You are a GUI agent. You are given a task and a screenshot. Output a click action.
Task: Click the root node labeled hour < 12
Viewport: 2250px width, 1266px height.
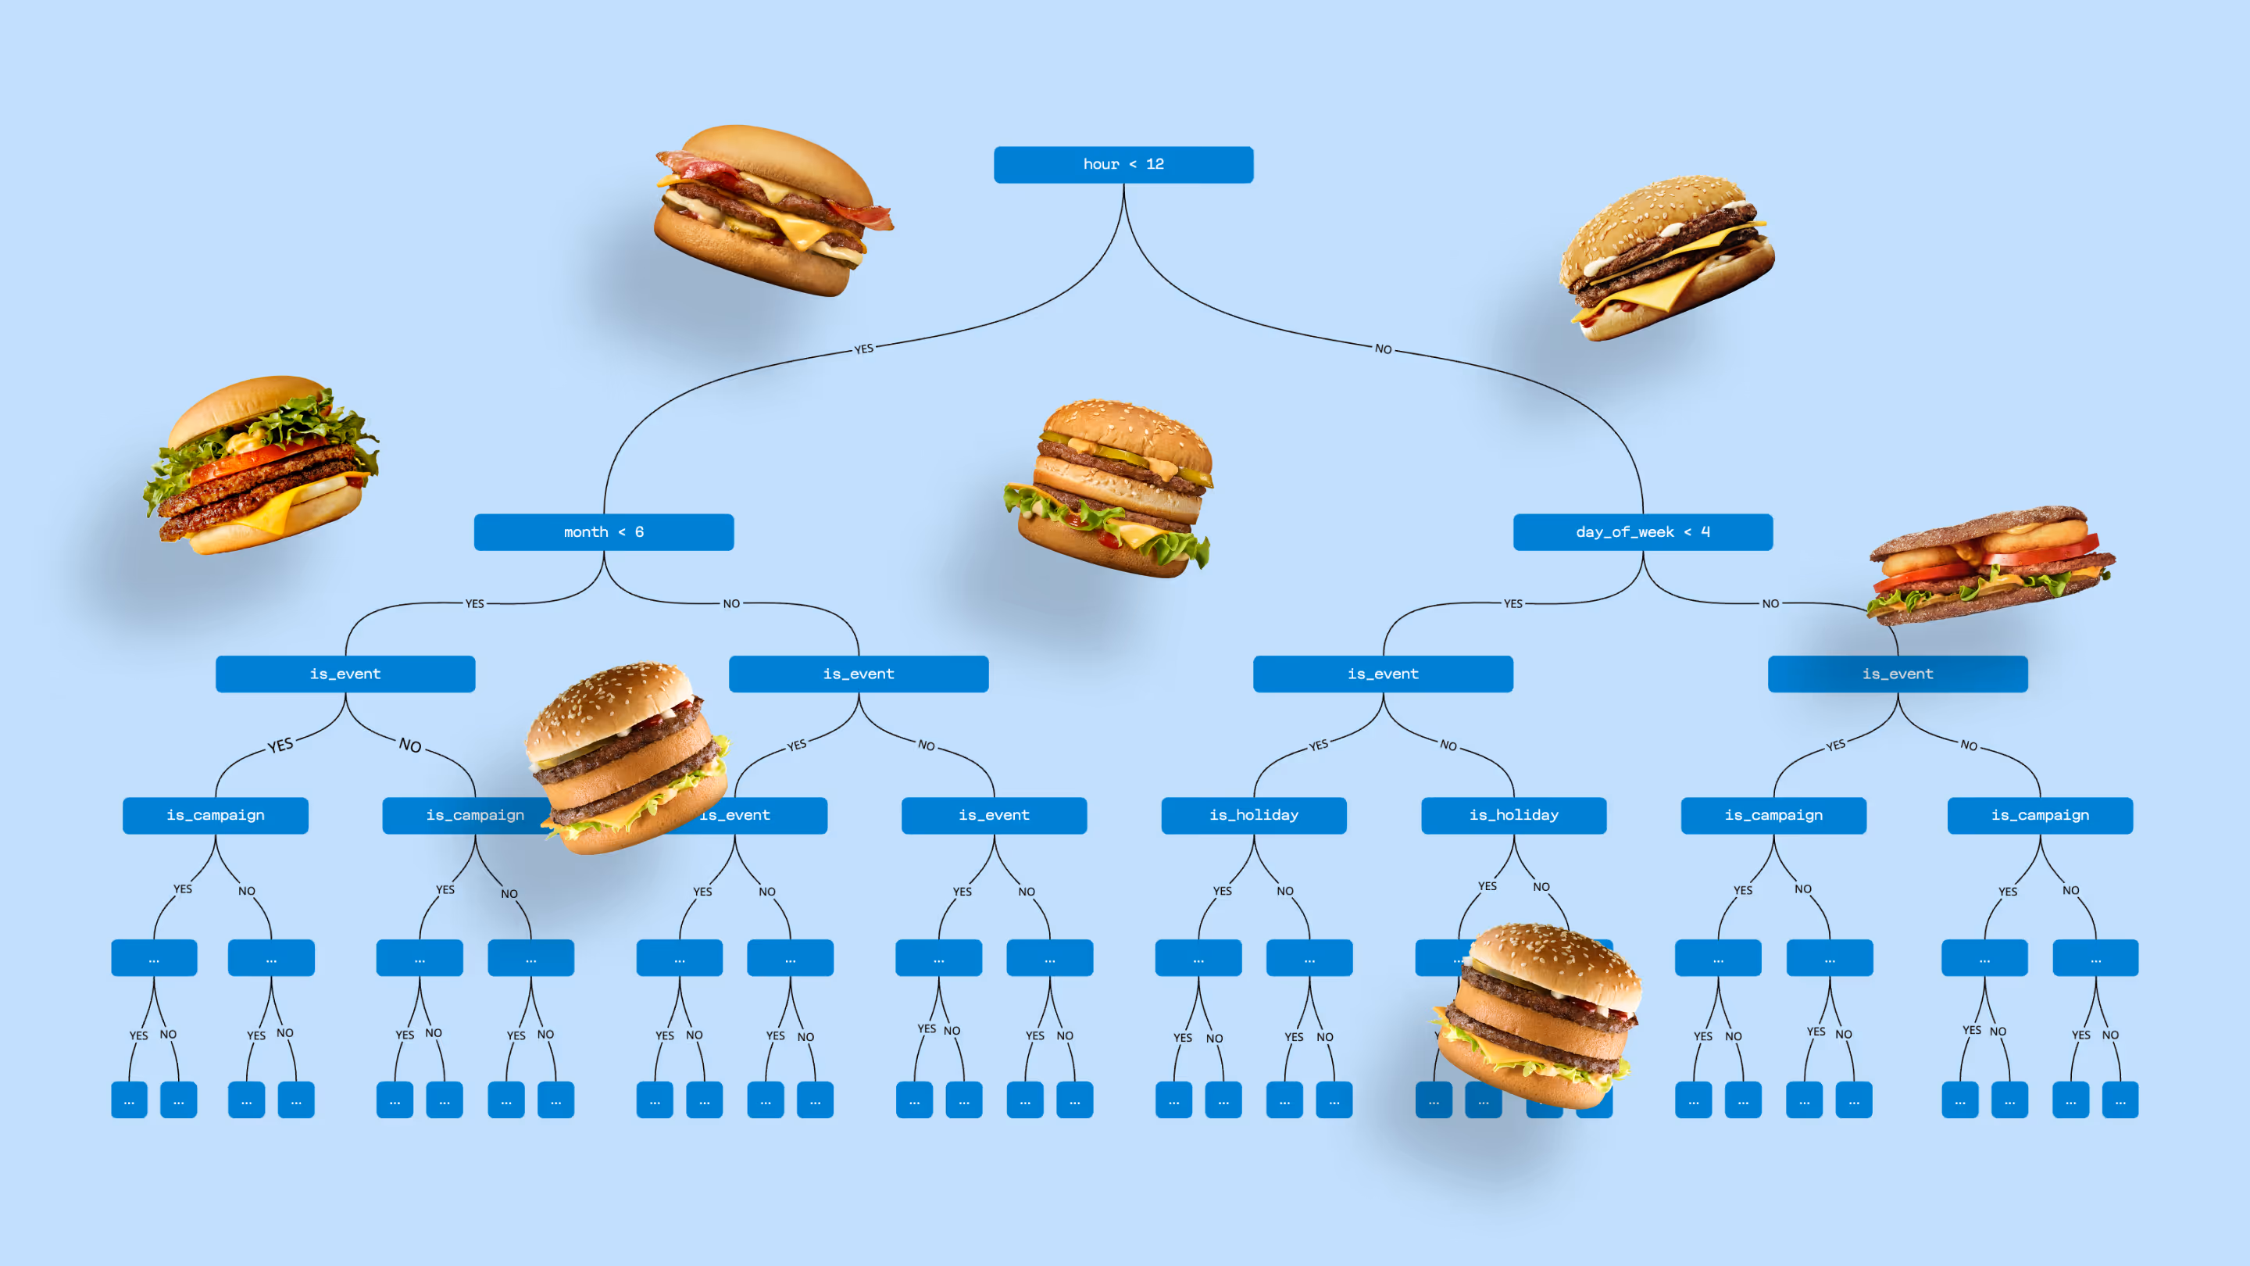point(1123,164)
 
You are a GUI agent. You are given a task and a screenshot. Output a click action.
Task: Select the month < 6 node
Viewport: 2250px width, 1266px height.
point(604,532)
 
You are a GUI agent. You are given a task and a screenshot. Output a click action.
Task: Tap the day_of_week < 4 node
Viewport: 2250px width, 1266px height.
point(1642,532)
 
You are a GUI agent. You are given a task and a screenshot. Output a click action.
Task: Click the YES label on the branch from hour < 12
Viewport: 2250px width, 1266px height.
point(864,349)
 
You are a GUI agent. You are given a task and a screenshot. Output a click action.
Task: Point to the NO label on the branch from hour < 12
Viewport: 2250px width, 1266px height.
point(1383,349)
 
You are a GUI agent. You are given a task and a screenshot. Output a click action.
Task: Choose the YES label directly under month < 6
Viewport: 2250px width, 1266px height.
point(474,604)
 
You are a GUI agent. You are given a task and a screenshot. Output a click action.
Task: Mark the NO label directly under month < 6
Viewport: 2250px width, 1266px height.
point(731,604)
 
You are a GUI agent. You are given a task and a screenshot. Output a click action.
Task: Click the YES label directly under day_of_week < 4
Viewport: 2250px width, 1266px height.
point(1512,604)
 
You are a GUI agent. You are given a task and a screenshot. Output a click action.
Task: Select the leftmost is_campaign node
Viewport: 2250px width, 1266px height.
point(215,815)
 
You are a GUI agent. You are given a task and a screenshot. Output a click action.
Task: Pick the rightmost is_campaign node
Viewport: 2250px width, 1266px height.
point(2040,815)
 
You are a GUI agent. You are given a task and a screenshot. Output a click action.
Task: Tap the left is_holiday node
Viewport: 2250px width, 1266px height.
point(1253,815)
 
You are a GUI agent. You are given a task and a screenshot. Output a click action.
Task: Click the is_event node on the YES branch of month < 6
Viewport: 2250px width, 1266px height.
point(345,674)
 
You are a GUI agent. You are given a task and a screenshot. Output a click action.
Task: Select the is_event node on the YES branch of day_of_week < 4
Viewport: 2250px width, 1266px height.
point(1383,674)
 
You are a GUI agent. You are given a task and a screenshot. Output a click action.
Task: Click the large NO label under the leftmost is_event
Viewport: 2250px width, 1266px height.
point(409,746)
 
